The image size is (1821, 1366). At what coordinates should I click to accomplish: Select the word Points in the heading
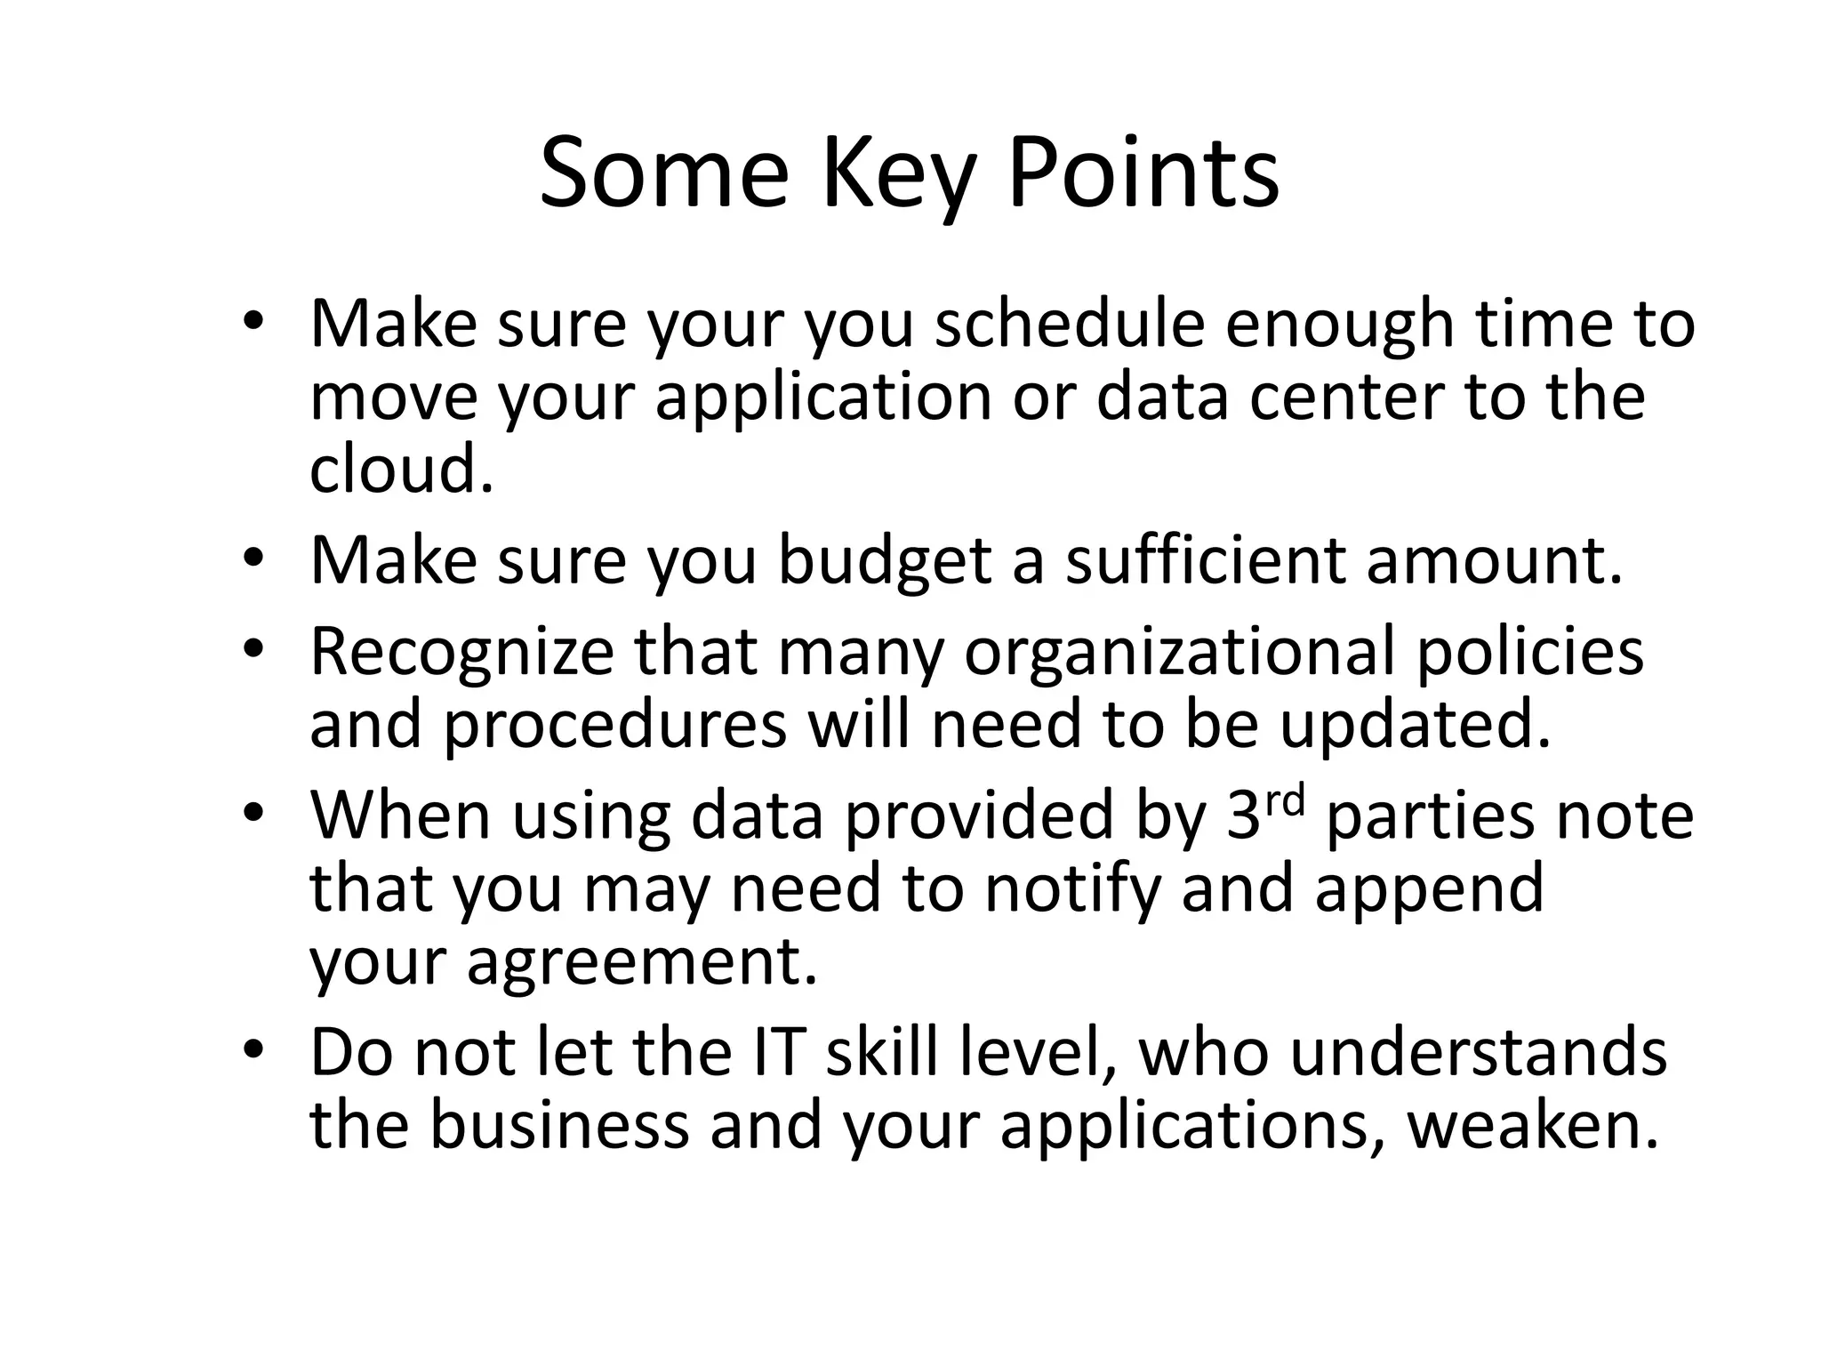coord(1143,173)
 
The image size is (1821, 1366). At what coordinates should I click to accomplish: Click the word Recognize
coord(461,653)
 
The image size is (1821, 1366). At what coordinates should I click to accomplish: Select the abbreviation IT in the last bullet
coord(781,1053)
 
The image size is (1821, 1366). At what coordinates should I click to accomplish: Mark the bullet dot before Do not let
coord(253,1051)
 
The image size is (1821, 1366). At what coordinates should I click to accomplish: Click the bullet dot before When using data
coord(253,815)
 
